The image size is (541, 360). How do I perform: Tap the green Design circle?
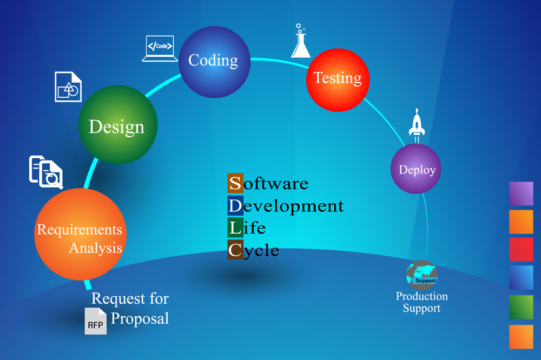(118, 125)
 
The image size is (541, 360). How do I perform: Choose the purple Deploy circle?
(417, 169)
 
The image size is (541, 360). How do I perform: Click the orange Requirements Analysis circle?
(80, 234)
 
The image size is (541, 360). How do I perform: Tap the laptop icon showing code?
(161, 49)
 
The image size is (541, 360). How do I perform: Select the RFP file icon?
(95, 321)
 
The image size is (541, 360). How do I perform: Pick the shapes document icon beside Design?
(68, 86)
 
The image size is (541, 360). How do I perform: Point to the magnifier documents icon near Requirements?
(46, 171)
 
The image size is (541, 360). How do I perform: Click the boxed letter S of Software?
(235, 183)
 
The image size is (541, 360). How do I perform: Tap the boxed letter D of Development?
(235, 205)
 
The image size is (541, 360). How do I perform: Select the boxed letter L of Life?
(235, 228)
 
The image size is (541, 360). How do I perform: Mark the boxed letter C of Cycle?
(235, 250)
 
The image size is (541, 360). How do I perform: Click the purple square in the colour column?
(521, 194)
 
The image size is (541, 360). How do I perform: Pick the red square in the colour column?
(521, 250)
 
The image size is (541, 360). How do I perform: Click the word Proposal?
(140, 318)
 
